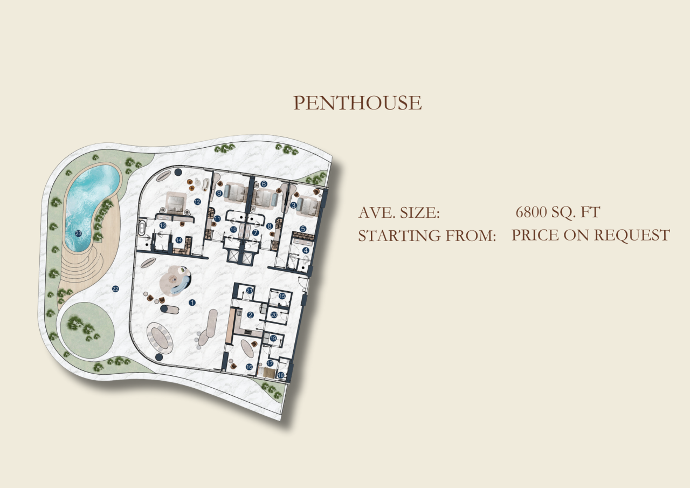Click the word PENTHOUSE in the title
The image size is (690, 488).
click(x=357, y=103)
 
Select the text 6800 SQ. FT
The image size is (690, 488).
click(x=557, y=212)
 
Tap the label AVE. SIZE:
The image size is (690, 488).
click(x=399, y=213)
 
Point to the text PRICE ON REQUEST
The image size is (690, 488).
click(x=590, y=235)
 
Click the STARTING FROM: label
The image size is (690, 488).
click(x=427, y=236)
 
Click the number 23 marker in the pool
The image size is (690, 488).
click(x=79, y=233)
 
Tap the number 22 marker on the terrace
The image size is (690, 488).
click(x=115, y=289)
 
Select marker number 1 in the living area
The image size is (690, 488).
click(x=192, y=303)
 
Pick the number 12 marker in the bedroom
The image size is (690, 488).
click(x=197, y=202)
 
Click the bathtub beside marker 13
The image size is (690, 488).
click(x=142, y=229)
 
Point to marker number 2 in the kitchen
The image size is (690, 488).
click(x=250, y=315)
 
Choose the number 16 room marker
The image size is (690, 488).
click(x=249, y=367)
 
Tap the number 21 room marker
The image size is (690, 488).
click(x=250, y=291)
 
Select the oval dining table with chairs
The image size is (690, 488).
click(x=162, y=337)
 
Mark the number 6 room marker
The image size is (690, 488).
click(x=264, y=184)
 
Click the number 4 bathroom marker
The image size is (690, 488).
click(x=306, y=250)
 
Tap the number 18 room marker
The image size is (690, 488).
click(x=281, y=375)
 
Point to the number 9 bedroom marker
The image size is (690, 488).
click(x=219, y=193)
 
